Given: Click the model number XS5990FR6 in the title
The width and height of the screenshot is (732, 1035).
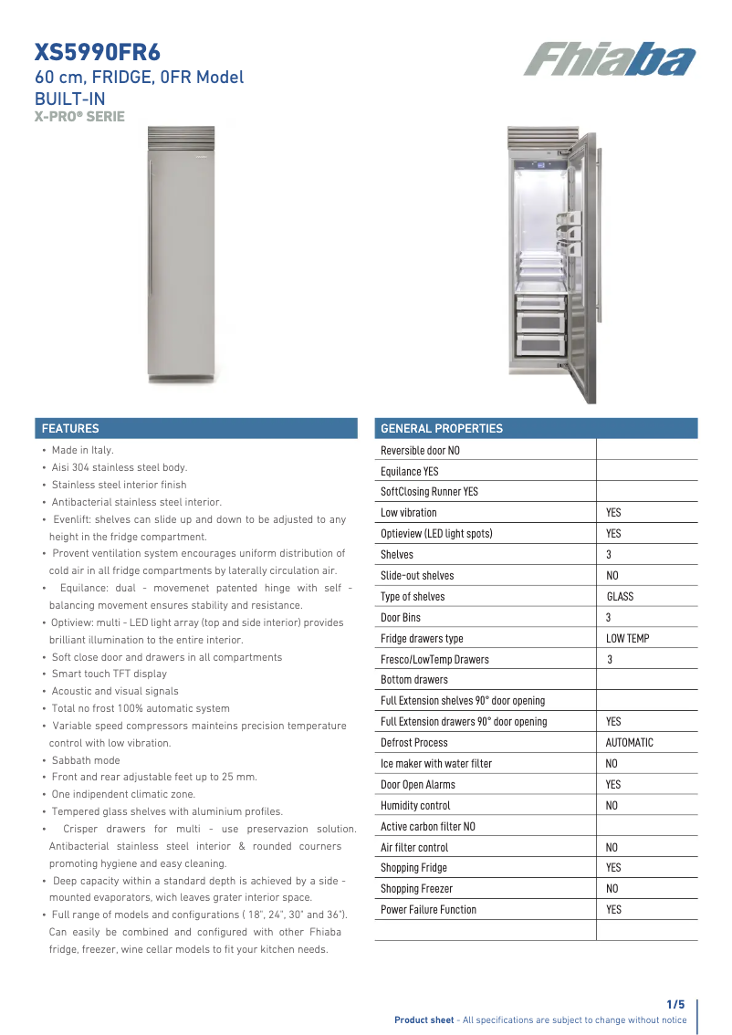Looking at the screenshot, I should tap(89, 52).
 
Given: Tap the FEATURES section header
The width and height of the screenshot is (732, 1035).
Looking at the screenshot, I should tap(70, 428).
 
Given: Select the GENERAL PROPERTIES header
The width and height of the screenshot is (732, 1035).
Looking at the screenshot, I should tap(441, 428).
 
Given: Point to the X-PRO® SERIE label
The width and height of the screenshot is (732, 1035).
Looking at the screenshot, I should tap(79, 117).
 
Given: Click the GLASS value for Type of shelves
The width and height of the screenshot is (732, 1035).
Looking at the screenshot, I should tap(620, 597).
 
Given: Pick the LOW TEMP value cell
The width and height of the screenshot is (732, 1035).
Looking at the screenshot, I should tap(628, 639).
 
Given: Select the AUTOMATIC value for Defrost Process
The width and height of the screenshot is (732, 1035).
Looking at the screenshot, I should tap(630, 743).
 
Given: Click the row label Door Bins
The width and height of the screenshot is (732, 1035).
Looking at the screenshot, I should tap(401, 618).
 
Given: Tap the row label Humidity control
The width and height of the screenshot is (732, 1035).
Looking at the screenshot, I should tap(415, 806).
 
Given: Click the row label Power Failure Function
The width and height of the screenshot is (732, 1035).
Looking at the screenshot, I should tap(428, 910).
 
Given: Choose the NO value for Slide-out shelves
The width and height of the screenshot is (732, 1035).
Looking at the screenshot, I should tap(612, 576).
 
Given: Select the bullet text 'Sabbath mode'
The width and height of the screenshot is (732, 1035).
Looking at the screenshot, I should tap(86, 760).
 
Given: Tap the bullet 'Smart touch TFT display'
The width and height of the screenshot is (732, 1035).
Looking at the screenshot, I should tap(109, 674).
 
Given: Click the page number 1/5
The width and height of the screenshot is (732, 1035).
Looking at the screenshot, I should tap(675, 1004).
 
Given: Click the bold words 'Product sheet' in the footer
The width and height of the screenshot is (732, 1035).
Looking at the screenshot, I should tap(424, 1020).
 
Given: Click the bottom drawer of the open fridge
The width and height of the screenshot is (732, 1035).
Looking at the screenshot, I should tap(540, 345).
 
